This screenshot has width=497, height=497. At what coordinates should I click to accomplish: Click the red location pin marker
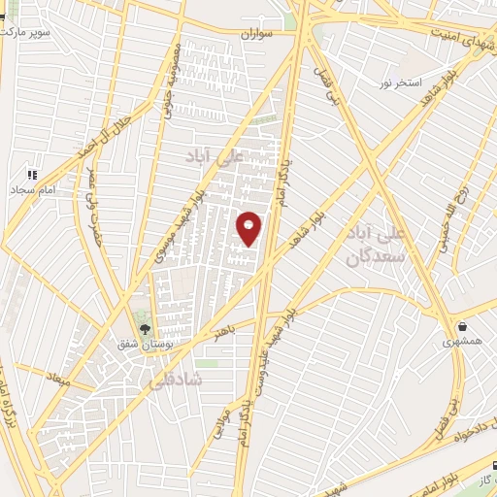point(249,227)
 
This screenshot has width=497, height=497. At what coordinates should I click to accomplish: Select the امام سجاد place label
point(32,189)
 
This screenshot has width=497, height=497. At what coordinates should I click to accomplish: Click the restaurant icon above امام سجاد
point(32,175)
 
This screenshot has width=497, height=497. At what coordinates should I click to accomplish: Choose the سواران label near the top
point(261,34)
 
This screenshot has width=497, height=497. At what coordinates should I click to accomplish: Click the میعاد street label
point(59,376)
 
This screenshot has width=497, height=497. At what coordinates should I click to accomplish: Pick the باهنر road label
point(224,334)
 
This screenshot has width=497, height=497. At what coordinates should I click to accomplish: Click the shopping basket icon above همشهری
point(463,327)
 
